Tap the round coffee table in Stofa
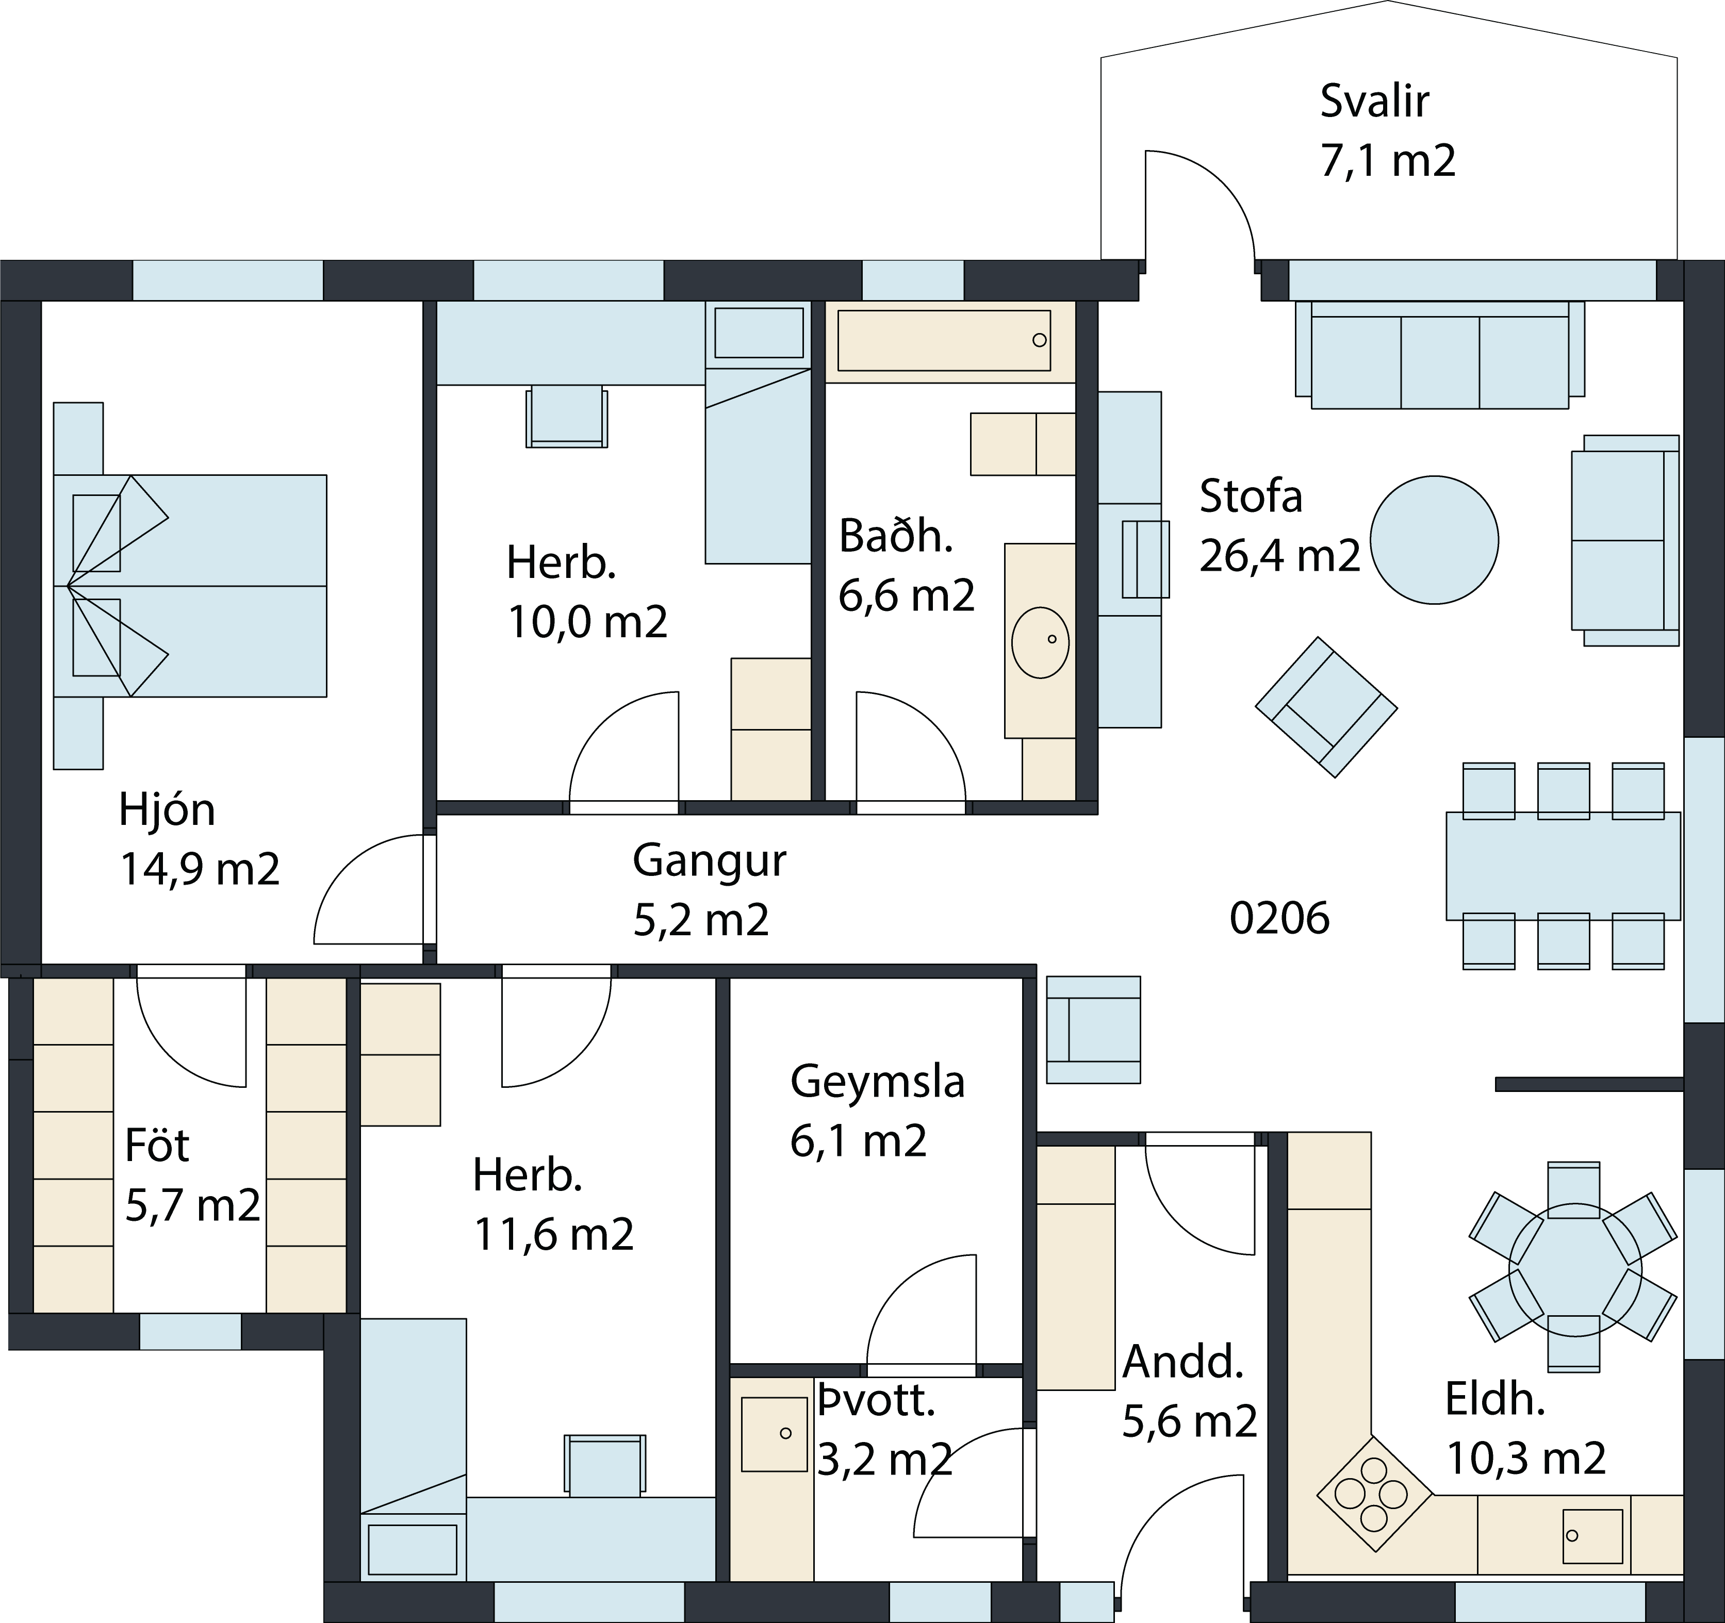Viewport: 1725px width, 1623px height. click(x=1434, y=540)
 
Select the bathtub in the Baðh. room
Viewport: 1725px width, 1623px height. click(x=944, y=340)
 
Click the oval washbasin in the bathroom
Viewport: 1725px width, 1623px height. click(x=1040, y=642)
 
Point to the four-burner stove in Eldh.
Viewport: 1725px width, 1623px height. click(x=1374, y=1494)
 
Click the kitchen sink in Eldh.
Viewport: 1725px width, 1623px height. click(x=1592, y=1536)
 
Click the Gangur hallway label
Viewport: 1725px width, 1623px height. click(x=709, y=860)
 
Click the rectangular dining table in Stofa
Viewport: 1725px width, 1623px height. click(x=1563, y=866)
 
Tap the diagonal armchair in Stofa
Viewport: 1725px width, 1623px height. click(x=1326, y=707)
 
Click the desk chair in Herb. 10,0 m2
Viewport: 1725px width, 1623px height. click(x=567, y=417)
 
